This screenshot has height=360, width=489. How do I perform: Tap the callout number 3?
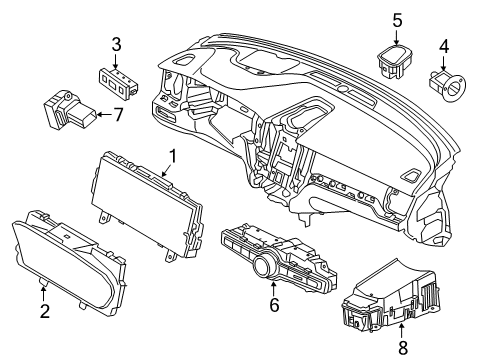(116, 44)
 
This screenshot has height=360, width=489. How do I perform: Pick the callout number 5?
(397, 19)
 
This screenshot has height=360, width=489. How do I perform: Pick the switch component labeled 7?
(70, 108)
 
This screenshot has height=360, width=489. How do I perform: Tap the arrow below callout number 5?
(397, 34)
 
